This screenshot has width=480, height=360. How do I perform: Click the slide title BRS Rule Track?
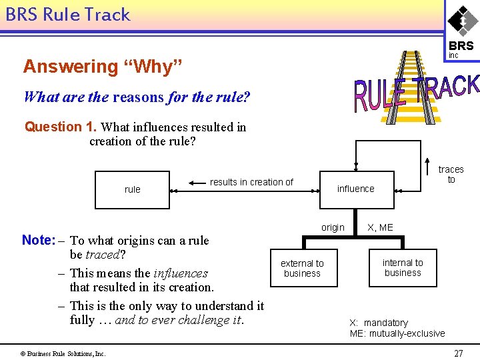67,15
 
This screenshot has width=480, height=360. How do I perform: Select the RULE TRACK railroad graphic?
415,90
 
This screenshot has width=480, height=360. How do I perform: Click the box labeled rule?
132,190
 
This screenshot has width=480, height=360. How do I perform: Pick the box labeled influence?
355,189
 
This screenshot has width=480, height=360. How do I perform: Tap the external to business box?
302,269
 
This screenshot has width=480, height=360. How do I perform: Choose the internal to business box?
403,268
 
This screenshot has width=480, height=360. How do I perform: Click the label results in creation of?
251,182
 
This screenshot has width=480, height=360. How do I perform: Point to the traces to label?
451,175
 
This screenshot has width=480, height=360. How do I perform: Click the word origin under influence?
333,227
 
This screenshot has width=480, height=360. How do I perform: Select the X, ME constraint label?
380,227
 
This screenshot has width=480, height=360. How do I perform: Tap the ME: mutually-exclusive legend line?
397,333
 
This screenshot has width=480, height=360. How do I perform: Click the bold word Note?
37,240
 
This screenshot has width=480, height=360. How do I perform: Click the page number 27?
458,353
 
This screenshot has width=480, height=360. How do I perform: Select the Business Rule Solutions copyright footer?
63,353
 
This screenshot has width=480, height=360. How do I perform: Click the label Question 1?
61,127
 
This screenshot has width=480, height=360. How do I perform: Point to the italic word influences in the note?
180,273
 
